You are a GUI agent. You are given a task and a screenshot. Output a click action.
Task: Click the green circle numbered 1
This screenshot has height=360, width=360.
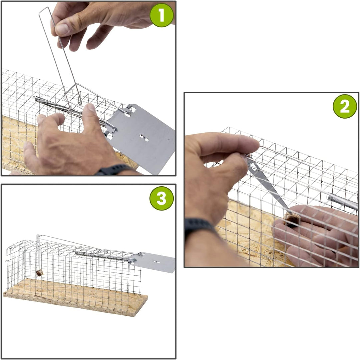(161, 15)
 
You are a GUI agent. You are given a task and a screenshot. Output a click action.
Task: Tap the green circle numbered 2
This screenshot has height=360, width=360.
(345, 106)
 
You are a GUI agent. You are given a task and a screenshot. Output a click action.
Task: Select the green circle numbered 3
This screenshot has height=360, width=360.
(161, 198)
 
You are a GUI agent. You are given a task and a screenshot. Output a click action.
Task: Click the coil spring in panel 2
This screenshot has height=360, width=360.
(343, 201)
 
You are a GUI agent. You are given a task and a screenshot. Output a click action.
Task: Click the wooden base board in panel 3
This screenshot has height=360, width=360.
(76, 298)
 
